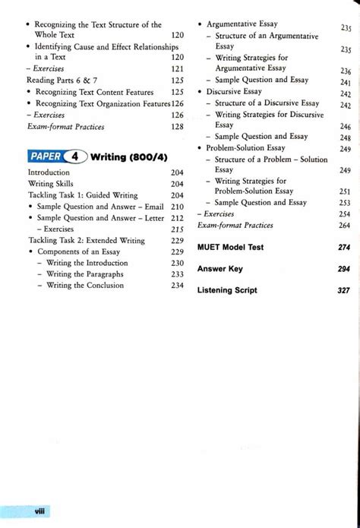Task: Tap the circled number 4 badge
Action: tap(76, 157)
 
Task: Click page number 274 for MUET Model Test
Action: tap(344, 248)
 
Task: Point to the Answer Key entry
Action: tap(219, 269)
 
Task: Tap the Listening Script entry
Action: tap(227, 290)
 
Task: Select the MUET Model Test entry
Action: tap(230, 248)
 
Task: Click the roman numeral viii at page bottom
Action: tap(39, 511)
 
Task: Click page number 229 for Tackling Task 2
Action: tap(177, 240)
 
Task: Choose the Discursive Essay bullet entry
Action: tap(234, 91)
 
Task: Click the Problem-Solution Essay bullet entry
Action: tap(245, 148)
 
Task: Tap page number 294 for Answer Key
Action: tap(344, 269)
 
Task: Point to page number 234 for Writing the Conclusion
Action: tap(177, 286)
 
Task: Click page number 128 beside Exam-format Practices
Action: tap(177, 126)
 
